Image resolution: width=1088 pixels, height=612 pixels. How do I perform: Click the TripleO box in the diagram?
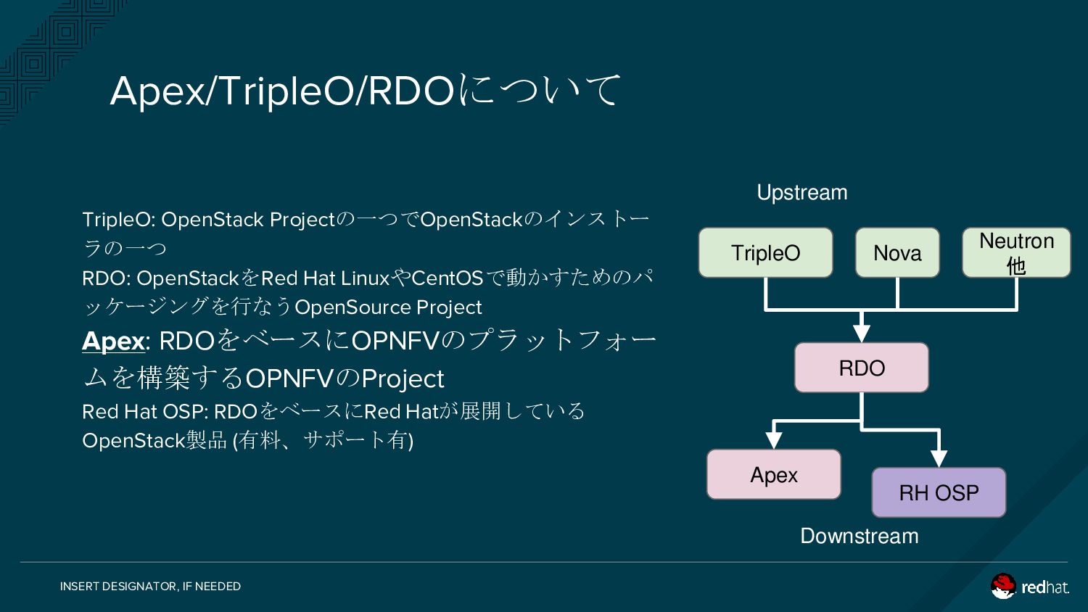coord(765,252)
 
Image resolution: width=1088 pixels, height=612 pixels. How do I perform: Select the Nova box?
coord(897,252)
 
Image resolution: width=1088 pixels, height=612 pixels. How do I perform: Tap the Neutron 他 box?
coord(1016,252)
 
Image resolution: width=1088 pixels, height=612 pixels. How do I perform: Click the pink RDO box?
coord(862,368)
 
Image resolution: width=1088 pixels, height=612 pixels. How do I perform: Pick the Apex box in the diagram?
coord(774,474)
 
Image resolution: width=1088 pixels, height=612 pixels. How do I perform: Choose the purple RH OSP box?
coord(939,492)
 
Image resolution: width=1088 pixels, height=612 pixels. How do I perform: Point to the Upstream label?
coord(802,192)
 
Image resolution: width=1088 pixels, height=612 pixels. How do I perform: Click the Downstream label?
coord(860,537)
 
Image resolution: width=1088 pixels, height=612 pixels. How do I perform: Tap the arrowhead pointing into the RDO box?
coord(862,334)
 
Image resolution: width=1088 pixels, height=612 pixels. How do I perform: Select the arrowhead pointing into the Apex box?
coord(774,440)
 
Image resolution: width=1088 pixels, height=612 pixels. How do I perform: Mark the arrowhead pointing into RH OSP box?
coord(939,459)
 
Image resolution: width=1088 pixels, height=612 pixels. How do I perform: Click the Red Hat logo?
coord(1030,586)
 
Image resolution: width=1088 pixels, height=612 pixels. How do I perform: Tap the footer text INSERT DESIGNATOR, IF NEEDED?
coord(150,586)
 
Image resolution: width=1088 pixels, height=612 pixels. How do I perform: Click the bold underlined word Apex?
coord(113,341)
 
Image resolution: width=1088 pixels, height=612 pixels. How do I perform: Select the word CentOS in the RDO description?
coord(447,278)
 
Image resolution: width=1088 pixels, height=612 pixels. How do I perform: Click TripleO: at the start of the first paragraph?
coord(118,220)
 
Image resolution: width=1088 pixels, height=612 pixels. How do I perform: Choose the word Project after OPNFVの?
coord(402,379)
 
